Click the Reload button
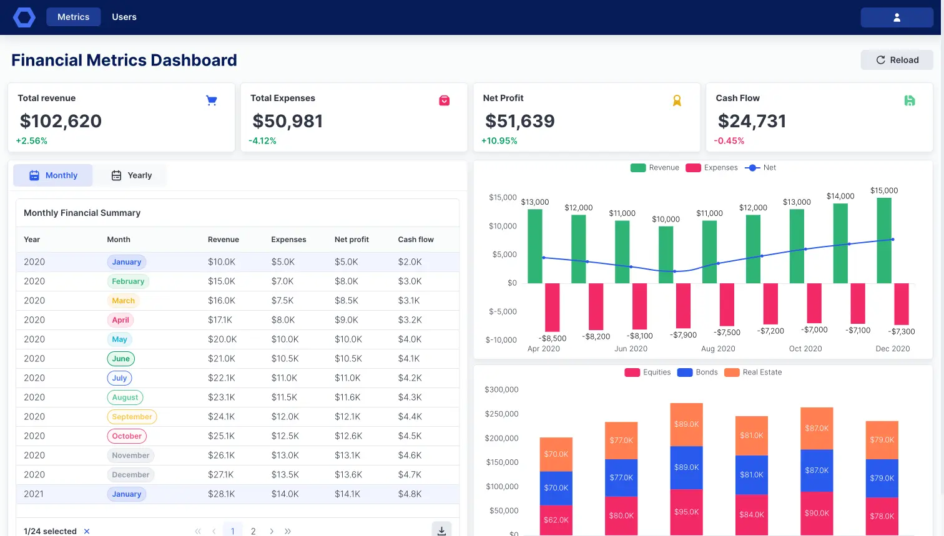coord(897,60)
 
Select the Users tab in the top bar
coord(124,17)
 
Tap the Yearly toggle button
coord(132,175)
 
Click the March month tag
coord(123,301)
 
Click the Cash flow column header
coord(416,240)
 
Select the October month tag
coord(127,436)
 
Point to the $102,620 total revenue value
coord(61,121)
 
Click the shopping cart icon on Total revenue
coord(212,100)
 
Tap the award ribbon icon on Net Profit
coord(677,100)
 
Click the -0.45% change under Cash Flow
coord(729,141)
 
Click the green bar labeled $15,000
coord(884,240)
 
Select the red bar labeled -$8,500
coord(553,307)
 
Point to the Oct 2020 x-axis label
coord(805,349)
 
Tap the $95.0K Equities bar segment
coord(686,512)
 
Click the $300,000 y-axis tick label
coord(501,389)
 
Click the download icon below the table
coord(441,530)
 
